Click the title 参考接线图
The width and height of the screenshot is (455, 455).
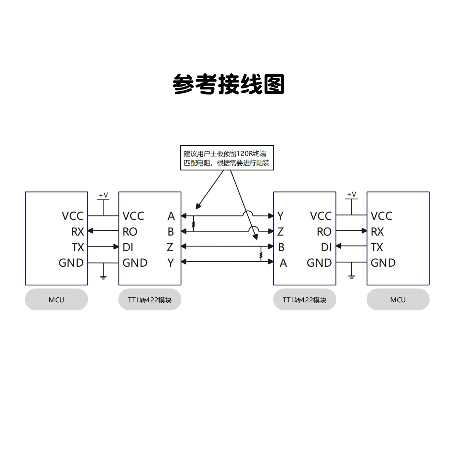[x=228, y=84]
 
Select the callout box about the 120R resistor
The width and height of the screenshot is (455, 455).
[x=227, y=158]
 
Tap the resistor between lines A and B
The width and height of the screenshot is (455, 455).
[x=193, y=224]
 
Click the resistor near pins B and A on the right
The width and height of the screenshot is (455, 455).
[x=261, y=255]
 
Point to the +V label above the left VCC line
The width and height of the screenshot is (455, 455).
[x=103, y=195]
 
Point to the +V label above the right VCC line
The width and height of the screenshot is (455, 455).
[x=351, y=195]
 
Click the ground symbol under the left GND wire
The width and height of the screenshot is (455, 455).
[x=103, y=277]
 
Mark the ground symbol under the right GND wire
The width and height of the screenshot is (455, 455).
[x=351, y=276]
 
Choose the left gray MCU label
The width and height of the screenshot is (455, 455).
[x=56, y=300]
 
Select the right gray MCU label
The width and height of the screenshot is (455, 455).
[x=398, y=300]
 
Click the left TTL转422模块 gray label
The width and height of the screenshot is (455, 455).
[x=150, y=300]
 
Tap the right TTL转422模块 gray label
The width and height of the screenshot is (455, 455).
[x=304, y=300]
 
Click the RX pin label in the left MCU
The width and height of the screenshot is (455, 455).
[x=77, y=232]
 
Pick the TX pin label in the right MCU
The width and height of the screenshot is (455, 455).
[x=377, y=247]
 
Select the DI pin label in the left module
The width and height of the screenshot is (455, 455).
[x=128, y=247]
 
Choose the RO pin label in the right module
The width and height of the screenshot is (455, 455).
[x=324, y=232]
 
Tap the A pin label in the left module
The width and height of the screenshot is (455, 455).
[x=171, y=216]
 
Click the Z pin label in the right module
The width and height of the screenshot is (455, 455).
[x=280, y=232]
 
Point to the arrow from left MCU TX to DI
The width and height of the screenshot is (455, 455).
[x=103, y=246]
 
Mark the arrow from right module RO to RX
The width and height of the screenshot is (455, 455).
[x=351, y=231]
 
